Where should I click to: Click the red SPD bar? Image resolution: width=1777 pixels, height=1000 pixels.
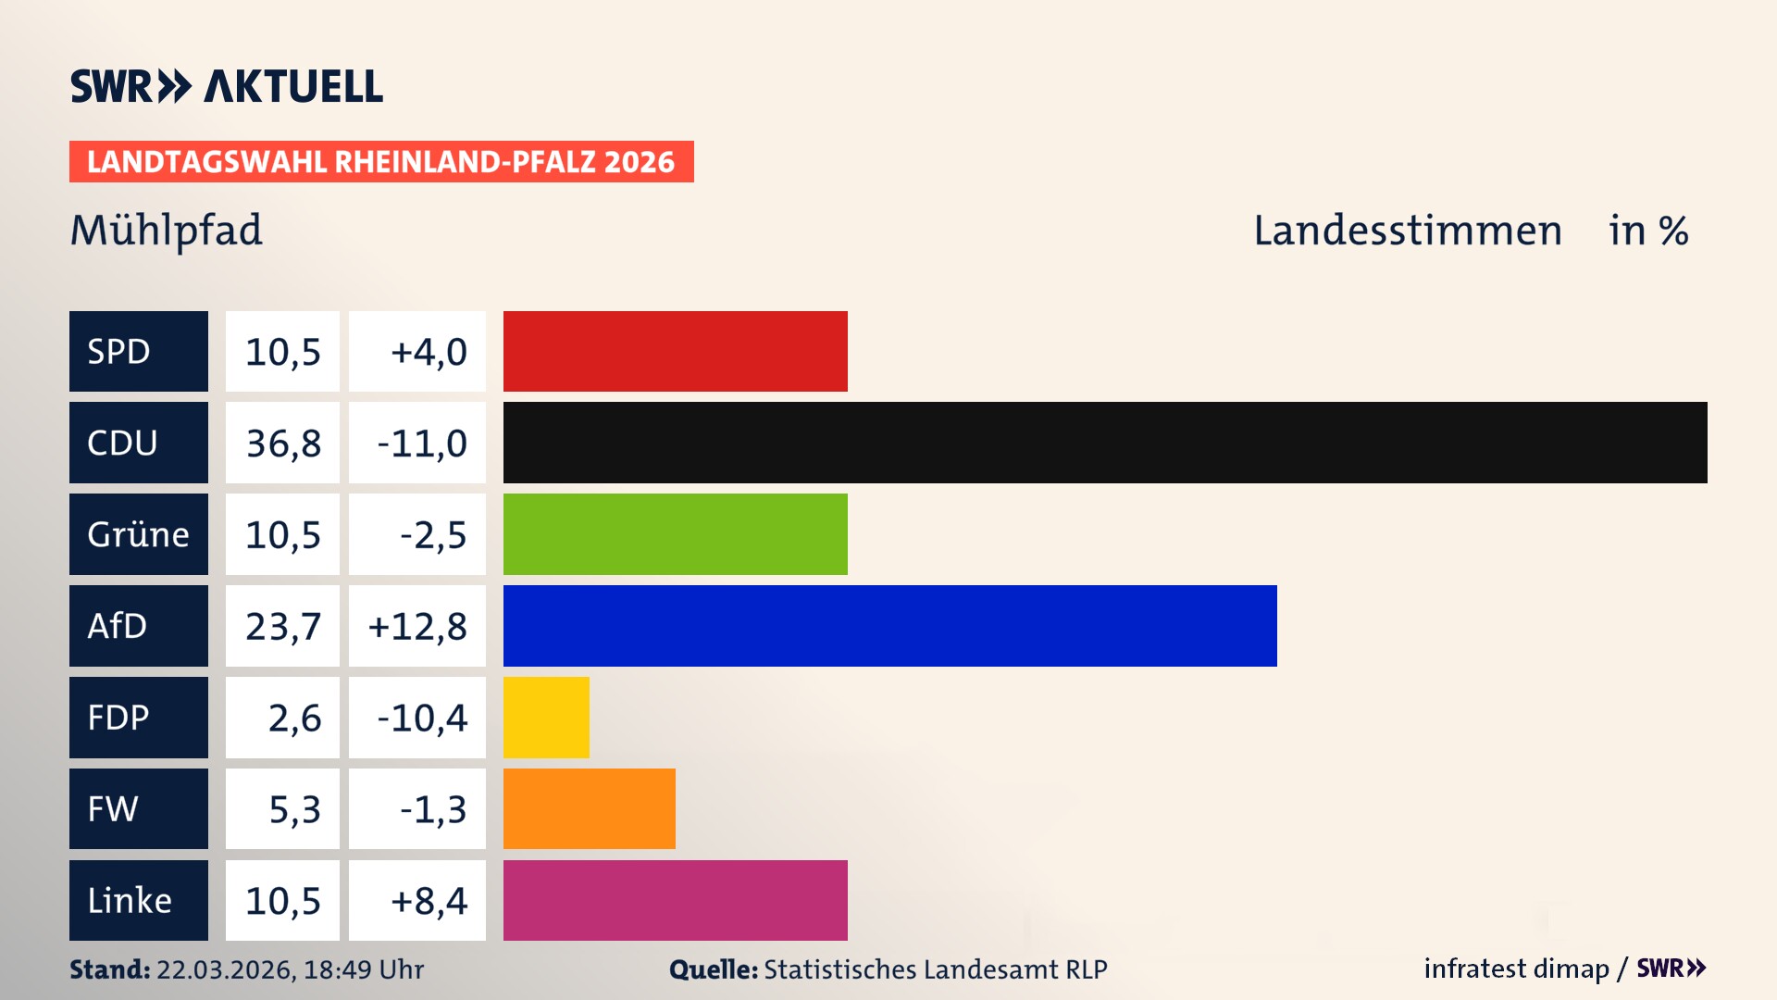pyautogui.click(x=675, y=351)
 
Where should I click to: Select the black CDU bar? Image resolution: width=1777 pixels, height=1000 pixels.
pyautogui.click(x=1104, y=443)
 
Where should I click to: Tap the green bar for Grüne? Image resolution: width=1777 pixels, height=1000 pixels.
pyautogui.click(x=675, y=534)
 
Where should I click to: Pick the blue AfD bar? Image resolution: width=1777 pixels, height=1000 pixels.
pyautogui.click(x=889, y=626)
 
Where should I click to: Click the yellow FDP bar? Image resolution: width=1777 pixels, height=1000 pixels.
pyautogui.click(x=546, y=718)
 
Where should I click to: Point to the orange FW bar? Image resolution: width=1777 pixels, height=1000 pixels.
pyautogui.click(x=589, y=808)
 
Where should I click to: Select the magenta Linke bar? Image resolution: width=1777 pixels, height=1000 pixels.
pyautogui.click(x=675, y=900)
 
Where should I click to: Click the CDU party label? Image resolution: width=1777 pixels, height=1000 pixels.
pyautogui.click(x=138, y=443)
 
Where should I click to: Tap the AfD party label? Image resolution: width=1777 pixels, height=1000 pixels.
pyautogui.click(x=138, y=626)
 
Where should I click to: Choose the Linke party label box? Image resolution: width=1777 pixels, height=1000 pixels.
pyautogui.click(x=138, y=900)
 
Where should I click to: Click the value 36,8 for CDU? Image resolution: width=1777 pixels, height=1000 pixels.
pyautogui.click(x=283, y=444)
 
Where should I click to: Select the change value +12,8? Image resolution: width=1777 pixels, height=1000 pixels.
pyautogui.click(x=417, y=627)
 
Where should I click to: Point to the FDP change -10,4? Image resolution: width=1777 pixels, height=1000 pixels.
pyautogui.click(x=421, y=719)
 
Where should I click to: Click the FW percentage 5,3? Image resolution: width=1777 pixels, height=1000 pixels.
pyautogui.click(x=294, y=809)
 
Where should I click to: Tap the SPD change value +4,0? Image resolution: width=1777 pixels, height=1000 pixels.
pyautogui.click(x=429, y=352)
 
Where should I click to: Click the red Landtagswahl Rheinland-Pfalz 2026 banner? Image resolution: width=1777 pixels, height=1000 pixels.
pyautogui.click(x=380, y=162)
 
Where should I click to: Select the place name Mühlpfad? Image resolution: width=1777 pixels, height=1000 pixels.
pyautogui.click(x=167, y=231)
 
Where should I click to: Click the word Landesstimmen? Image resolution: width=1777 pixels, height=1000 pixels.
pyautogui.click(x=1407, y=231)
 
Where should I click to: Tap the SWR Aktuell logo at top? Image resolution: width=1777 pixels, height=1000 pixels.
pyautogui.click(x=227, y=86)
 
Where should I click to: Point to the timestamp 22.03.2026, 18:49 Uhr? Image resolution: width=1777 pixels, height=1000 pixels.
pyautogui.click(x=290, y=969)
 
